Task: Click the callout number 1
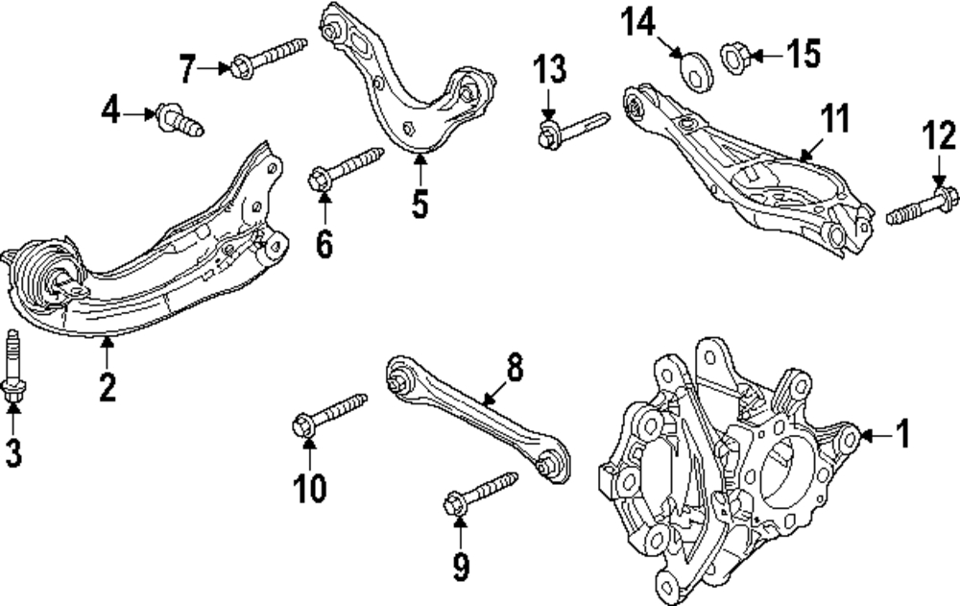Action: (903, 434)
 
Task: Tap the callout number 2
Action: (108, 387)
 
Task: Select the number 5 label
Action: (420, 203)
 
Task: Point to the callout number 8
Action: (515, 368)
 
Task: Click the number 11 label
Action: (835, 118)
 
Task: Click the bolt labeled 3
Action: (13, 367)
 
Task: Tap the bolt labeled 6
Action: (345, 168)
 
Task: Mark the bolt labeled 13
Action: (572, 130)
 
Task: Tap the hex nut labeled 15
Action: (735, 57)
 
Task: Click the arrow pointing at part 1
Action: (876, 436)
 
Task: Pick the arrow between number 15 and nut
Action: (765, 56)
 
